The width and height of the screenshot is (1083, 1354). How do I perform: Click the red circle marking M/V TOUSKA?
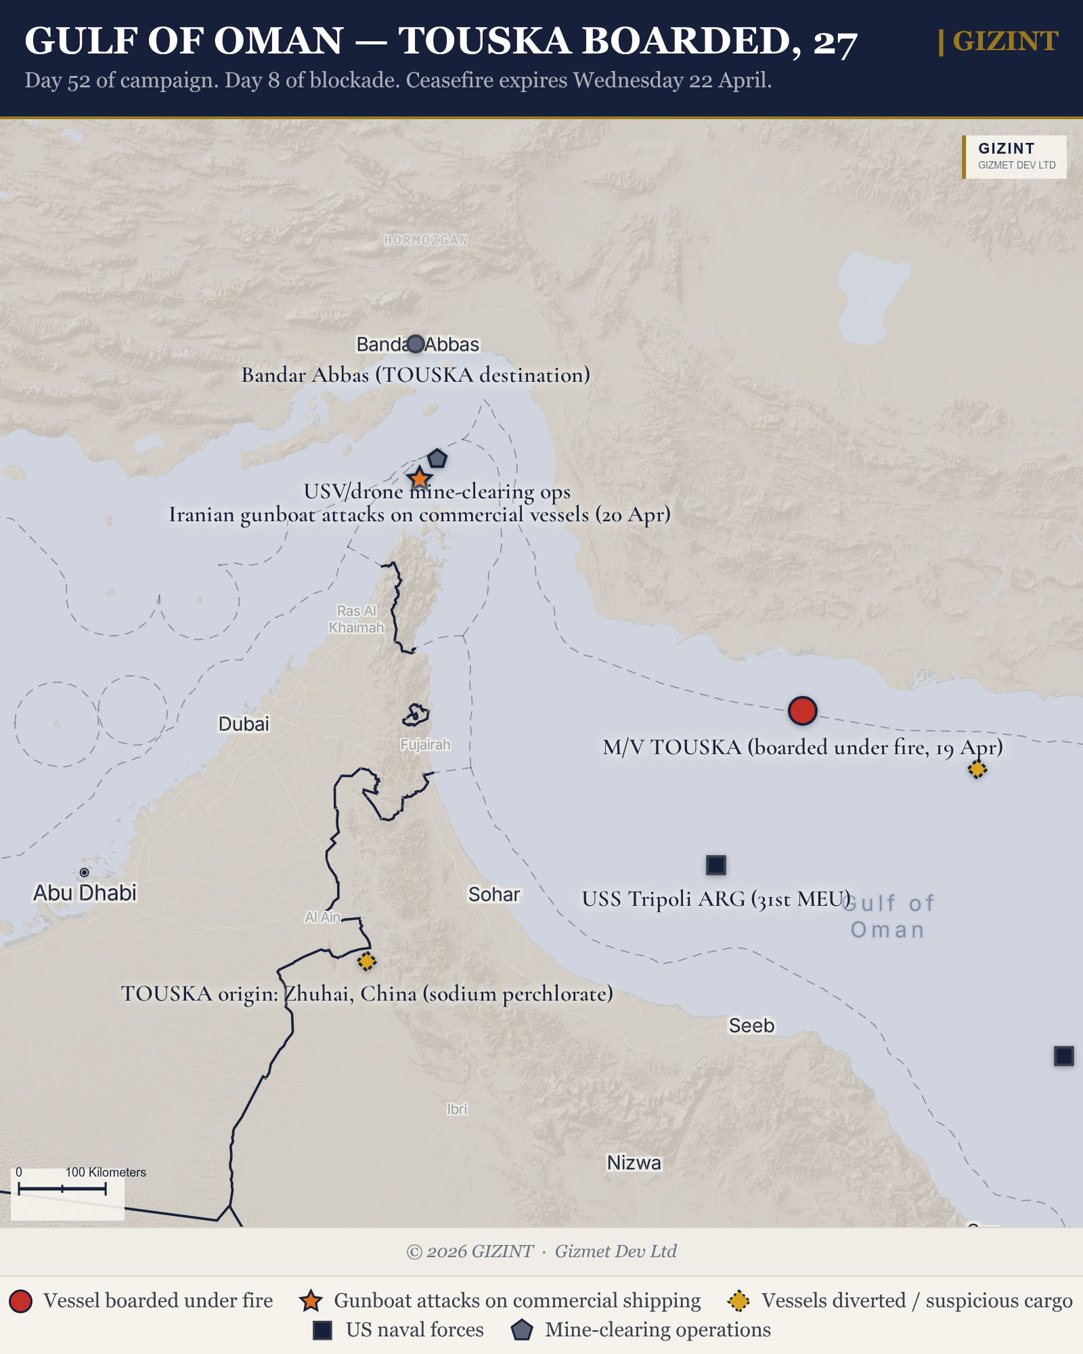802,711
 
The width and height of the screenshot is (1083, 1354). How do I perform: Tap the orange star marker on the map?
420,479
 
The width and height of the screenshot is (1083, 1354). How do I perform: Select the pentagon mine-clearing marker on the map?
437,459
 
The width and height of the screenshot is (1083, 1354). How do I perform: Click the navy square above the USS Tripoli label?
715,865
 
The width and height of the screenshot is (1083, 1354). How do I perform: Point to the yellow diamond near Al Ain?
366,961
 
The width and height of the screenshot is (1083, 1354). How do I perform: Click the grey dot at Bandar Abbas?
416,344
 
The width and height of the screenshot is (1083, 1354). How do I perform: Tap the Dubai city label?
244,724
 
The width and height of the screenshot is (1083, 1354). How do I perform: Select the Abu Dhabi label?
85,893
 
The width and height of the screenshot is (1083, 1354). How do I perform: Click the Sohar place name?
494,894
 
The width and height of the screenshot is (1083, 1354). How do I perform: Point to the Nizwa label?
634,1162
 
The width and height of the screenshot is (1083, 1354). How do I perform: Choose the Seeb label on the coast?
751,1026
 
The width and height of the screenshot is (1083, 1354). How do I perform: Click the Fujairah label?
425,745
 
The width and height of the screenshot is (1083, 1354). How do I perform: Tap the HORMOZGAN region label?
426,240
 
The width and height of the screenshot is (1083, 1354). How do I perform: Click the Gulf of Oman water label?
888,916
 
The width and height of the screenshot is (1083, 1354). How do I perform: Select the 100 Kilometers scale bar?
62,1189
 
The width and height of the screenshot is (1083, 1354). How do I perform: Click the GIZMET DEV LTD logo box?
1015,157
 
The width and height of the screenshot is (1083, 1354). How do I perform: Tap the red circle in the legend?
21,1301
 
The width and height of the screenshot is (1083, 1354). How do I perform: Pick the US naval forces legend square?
322,1330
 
